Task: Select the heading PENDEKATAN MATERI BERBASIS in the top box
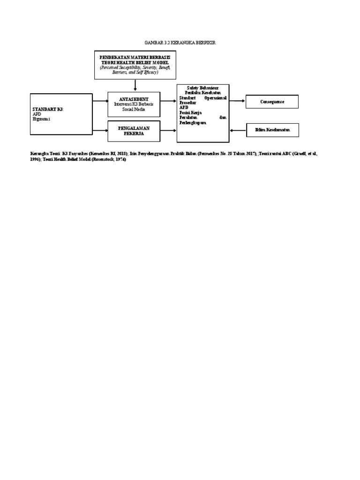pos(135,57)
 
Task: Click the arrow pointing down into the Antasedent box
pos(135,85)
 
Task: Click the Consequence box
pos(272,101)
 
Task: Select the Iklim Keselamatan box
pos(272,130)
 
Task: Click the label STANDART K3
pos(48,109)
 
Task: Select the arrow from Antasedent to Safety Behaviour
pos(168,101)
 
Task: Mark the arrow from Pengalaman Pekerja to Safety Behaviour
pos(168,130)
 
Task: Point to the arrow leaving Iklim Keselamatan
pos(238,130)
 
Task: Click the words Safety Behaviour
pos(202,88)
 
